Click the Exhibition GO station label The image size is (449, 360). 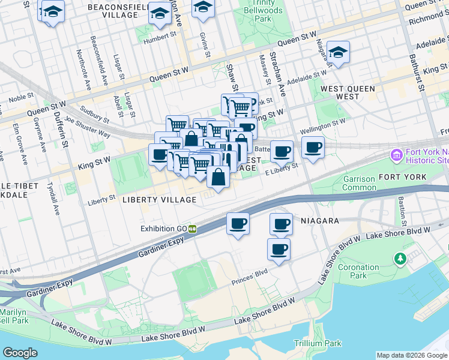coord(164,229)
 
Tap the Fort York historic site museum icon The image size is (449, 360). coord(396,156)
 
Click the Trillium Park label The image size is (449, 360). coord(317,343)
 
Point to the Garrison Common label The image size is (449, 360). coord(359,183)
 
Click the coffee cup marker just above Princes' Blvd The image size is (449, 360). coord(278,250)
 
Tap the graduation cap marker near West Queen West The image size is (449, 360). coord(338,53)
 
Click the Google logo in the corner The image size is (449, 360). coord(20,353)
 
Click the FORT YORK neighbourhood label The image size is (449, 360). coord(402,177)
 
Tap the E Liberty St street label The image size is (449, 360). coord(282,170)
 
